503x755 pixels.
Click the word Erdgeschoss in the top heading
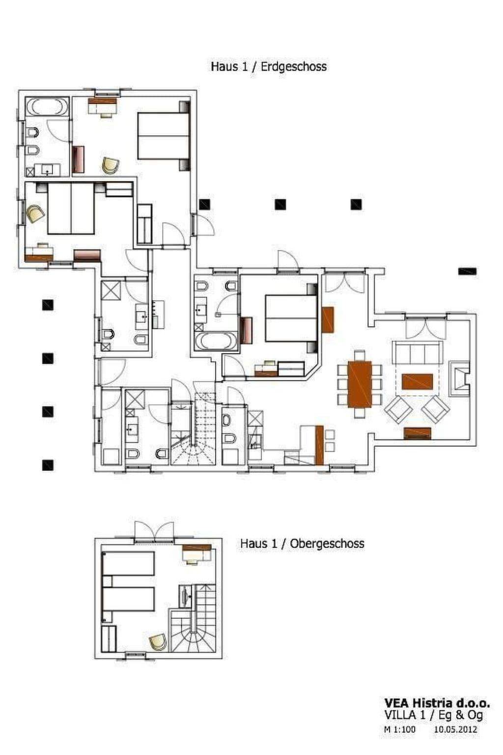coord(293,66)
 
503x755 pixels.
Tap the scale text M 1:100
coord(399,729)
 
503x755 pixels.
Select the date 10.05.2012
coord(455,729)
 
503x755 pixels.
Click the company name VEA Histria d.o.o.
coord(437,703)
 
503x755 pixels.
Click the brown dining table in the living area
coord(360,384)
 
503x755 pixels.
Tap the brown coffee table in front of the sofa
coord(417,381)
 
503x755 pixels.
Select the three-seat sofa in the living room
coord(417,352)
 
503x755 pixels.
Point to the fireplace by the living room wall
coord(460,378)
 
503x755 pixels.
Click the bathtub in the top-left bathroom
coord(47,106)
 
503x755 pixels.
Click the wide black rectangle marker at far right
coord(468,271)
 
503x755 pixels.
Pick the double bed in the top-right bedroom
coord(163,136)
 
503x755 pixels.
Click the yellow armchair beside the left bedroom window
coord(35,214)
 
